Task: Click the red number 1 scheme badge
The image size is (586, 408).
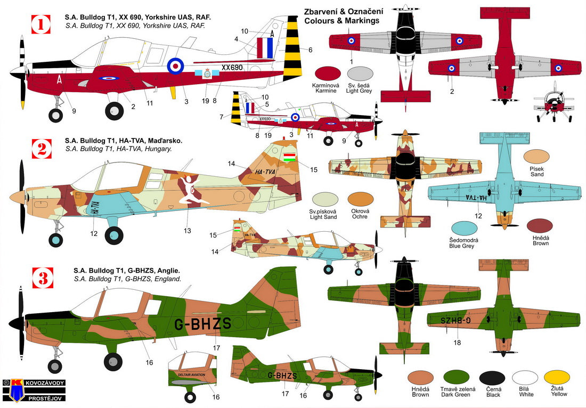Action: tap(40, 23)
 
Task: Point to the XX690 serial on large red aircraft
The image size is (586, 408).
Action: tap(232, 69)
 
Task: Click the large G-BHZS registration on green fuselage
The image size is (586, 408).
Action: tap(202, 324)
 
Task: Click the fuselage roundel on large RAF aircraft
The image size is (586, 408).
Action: tap(176, 66)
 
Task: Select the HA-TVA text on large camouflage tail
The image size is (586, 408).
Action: tap(265, 172)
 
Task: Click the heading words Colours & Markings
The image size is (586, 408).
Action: tap(341, 20)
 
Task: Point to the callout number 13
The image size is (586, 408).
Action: tap(186, 231)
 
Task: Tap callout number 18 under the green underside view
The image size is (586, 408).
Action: tap(457, 342)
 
